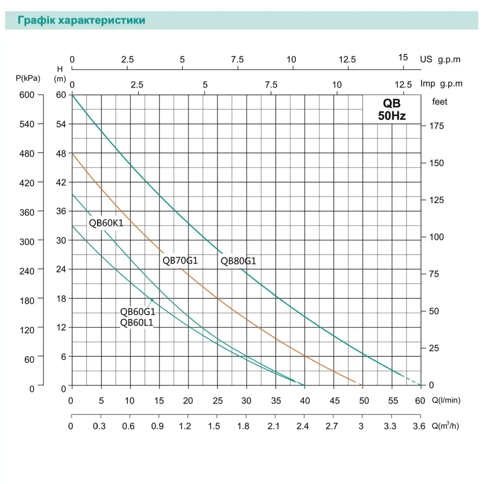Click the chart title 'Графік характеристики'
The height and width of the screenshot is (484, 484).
click(81, 21)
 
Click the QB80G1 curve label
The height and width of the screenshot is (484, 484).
click(238, 261)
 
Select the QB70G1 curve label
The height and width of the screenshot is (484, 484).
click(180, 260)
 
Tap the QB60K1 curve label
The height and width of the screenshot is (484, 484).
click(106, 223)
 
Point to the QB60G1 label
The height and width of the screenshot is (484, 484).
click(137, 312)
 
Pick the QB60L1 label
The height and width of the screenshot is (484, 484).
click(136, 323)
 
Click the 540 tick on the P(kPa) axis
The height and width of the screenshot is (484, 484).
click(27, 124)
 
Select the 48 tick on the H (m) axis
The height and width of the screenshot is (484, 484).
click(61, 153)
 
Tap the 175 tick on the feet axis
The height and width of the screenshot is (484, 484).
click(437, 126)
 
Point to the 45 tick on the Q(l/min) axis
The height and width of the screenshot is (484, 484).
click(334, 401)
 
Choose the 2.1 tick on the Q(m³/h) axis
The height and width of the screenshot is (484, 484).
click(275, 426)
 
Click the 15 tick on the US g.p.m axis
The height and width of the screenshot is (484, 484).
click(403, 57)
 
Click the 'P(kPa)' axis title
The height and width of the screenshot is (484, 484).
click(28, 78)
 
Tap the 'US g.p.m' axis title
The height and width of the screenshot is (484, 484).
click(440, 60)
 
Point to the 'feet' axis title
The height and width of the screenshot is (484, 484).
click(440, 102)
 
